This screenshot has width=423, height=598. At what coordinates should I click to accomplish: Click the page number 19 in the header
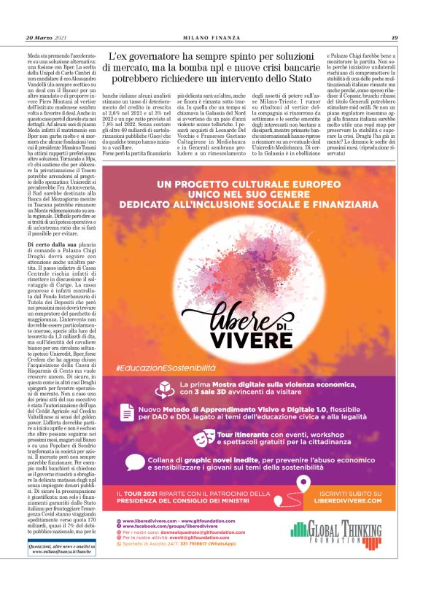(x=394, y=38)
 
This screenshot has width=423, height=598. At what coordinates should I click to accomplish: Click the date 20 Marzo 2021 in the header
(x=46, y=38)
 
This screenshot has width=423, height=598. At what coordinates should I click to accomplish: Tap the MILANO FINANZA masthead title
(x=211, y=38)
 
